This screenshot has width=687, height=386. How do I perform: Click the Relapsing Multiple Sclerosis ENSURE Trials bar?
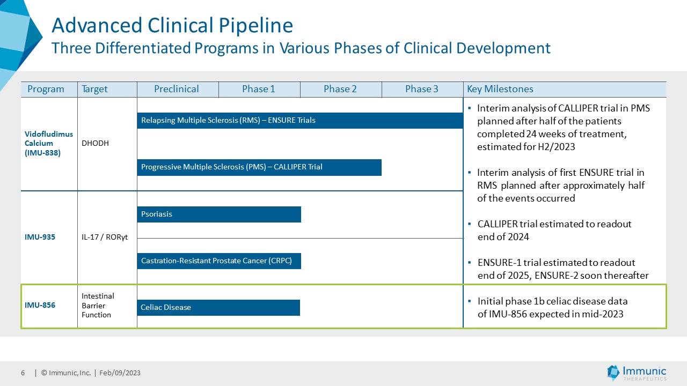(x=300, y=121)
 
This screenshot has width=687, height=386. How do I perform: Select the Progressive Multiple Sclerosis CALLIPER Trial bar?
(x=259, y=167)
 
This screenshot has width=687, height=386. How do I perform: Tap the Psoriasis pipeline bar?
(x=219, y=214)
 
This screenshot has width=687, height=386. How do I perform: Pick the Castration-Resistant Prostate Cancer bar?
(x=219, y=261)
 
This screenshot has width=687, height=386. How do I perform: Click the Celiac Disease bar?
(x=218, y=308)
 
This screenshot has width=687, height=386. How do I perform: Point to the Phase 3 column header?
(x=422, y=89)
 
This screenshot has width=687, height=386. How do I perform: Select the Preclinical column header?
(x=177, y=89)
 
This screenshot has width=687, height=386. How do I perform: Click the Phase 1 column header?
(x=259, y=89)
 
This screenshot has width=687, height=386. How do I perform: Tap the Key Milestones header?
(x=500, y=89)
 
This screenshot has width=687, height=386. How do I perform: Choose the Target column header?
(x=94, y=89)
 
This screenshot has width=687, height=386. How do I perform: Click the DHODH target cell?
(x=95, y=143)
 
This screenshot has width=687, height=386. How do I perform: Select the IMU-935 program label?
(x=40, y=237)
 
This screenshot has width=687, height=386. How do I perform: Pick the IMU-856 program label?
(x=40, y=305)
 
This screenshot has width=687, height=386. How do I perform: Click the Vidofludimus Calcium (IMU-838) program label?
(x=49, y=143)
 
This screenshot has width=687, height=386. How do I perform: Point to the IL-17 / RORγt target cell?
(x=105, y=237)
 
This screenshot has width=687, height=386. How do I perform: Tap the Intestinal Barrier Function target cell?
(x=98, y=306)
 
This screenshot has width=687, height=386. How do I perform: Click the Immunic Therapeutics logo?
(x=637, y=373)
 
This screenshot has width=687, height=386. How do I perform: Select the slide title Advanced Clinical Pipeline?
(x=172, y=25)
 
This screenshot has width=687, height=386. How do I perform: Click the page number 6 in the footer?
(x=23, y=373)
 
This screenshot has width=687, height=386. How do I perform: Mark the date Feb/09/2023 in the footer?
(x=120, y=373)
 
